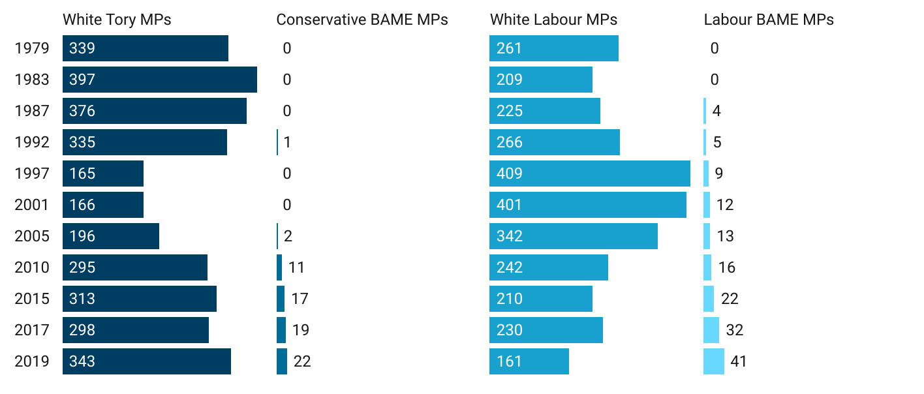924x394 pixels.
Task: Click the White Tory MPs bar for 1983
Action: [160, 80]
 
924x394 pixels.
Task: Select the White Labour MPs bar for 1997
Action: [590, 174]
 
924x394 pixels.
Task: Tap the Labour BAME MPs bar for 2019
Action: [714, 361]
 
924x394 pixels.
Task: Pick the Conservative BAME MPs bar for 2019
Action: [282, 361]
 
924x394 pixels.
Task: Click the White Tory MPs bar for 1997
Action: [103, 174]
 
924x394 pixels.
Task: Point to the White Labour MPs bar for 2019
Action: [529, 361]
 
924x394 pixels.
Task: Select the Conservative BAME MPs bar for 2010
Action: [279, 267]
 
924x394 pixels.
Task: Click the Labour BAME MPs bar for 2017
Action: [711, 330]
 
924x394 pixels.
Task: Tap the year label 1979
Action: [32, 48]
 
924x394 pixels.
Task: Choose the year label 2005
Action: [32, 236]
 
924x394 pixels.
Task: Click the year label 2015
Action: [32, 299]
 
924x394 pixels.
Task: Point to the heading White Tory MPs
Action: [117, 20]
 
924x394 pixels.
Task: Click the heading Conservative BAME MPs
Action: [362, 20]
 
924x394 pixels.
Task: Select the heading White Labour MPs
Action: [553, 20]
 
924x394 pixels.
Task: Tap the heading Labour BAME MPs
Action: [769, 20]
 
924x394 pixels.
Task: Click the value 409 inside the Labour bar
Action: [510, 174]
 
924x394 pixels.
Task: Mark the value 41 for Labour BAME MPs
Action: [739, 361]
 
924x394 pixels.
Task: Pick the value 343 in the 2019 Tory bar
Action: [82, 361]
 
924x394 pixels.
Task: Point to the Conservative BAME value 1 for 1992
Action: [287, 142]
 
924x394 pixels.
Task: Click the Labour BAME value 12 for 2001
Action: [725, 205]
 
